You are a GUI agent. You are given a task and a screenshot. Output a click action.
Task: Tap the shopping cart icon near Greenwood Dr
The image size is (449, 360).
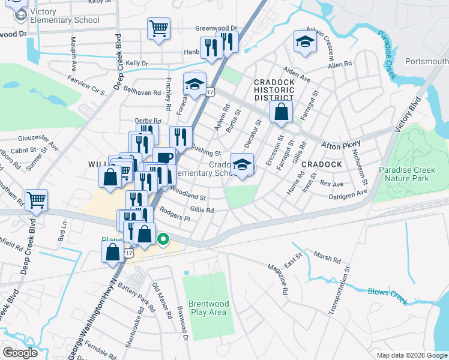pyautogui.click(x=158, y=28)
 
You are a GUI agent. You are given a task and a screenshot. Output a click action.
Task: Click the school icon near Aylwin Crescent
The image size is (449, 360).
pyautogui.click(x=305, y=41)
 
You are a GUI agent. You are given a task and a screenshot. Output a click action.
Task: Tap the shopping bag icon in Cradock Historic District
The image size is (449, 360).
pyautogui.click(x=281, y=112)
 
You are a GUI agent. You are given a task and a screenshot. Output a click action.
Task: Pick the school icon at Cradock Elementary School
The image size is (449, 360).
pyautogui.click(x=242, y=164)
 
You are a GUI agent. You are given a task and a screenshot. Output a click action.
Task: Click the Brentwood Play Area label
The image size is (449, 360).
pyautogui.click(x=208, y=308)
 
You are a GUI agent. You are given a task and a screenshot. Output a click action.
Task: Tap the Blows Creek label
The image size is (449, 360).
pyautogui.click(x=387, y=294)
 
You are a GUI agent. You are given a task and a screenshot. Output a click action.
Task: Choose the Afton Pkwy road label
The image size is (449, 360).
pyautogui.click(x=340, y=145)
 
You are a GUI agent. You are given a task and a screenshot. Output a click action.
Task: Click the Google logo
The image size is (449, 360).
pyautogui.click(x=20, y=353)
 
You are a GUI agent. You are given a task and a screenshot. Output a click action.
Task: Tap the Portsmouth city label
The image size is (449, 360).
pyautogui.click(x=427, y=62)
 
